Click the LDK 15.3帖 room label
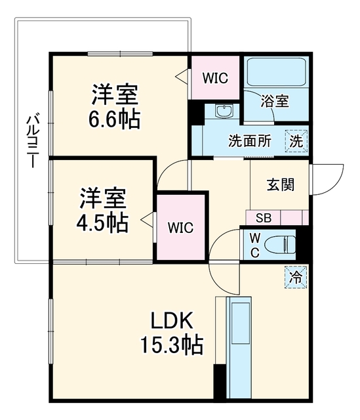[x=172, y=333]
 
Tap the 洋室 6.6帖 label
[x=115, y=106]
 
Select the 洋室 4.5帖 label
[x=102, y=210]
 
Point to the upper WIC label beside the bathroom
[x=215, y=78]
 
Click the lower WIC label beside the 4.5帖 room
[x=180, y=228]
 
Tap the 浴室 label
[x=275, y=101]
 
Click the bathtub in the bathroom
[x=277, y=72]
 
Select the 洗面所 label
[x=250, y=141]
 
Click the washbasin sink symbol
[x=224, y=111]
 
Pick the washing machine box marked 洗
[x=296, y=141]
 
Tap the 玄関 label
[x=280, y=185]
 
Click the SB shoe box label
[x=264, y=218]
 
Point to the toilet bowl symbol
[x=279, y=244]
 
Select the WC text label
[x=255, y=245]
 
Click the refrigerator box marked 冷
[x=296, y=277]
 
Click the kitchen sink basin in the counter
[x=241, y=323]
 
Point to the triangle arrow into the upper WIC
[x=182, y=76]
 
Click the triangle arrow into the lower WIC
[x=147, y=219]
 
